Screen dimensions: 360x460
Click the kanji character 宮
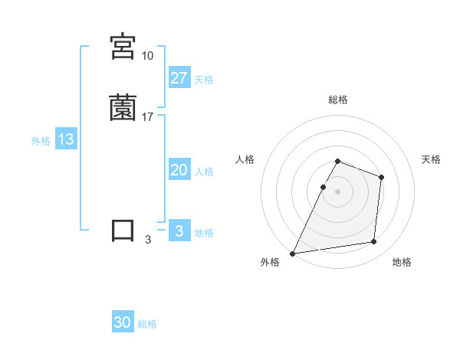point(123,47)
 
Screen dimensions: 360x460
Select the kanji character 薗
point(123,108)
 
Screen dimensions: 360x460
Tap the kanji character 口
point(123,231)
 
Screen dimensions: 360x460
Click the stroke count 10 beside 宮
point(147,56)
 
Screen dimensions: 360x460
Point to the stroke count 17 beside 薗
point(147,117)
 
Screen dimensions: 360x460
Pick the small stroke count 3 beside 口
point(147,240)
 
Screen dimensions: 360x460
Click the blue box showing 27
point(179,78)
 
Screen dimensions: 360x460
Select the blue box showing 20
point(179,170)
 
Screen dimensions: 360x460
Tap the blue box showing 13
point(66,140)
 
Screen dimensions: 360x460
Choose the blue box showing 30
point(123,323)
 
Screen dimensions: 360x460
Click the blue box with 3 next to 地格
point(179,231)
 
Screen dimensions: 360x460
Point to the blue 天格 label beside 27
point(204,79)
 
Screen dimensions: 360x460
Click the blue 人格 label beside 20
point(204,171)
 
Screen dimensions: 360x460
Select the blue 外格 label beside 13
point(41,141)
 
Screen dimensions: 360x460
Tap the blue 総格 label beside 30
point(147,324)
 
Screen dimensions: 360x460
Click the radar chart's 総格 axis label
point(338,100)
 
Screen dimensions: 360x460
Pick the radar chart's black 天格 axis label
point(432,159)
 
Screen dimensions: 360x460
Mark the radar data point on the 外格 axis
point(293,253)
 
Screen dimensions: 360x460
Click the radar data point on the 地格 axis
point(374,242)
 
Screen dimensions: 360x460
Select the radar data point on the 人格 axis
point(323,187)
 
